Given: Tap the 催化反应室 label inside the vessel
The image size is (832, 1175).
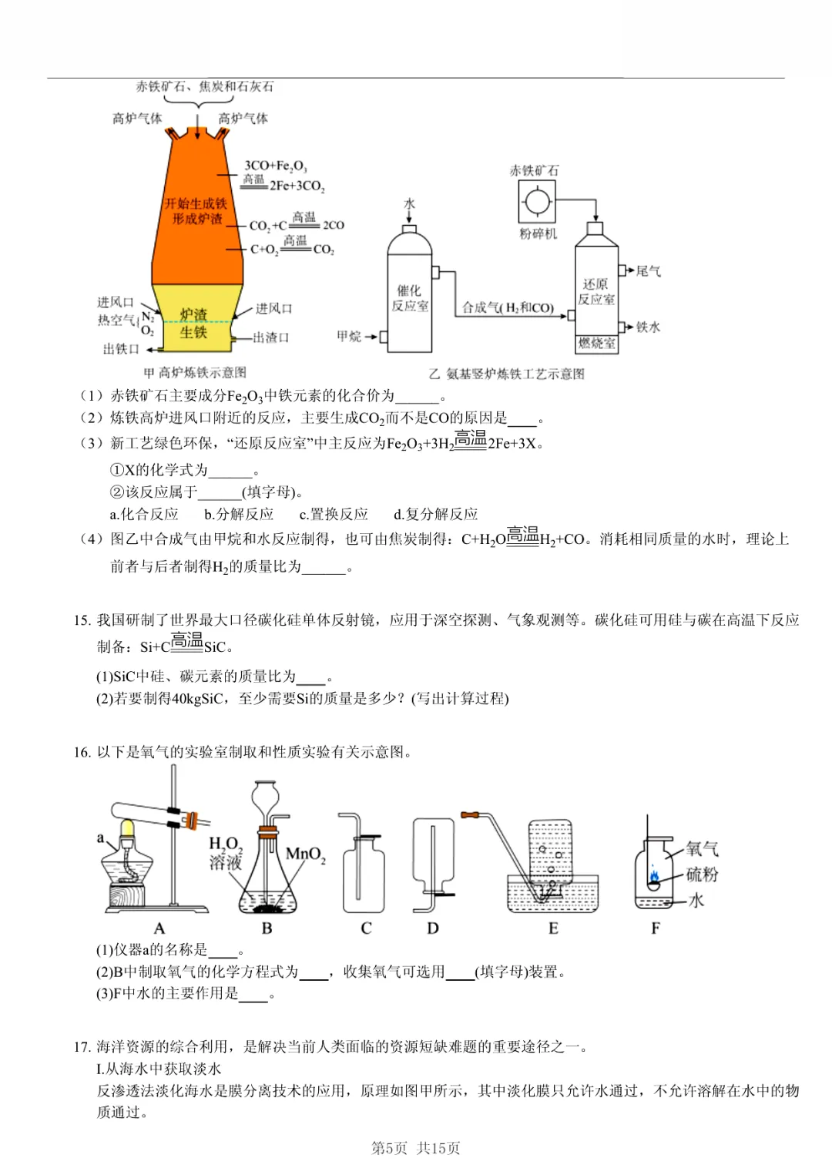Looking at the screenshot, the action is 409,298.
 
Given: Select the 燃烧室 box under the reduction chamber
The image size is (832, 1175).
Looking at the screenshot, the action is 597,344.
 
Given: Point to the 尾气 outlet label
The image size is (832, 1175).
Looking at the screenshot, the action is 648,271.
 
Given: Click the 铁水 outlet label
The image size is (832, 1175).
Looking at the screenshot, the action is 648,327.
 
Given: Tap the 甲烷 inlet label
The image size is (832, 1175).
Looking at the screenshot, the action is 349,337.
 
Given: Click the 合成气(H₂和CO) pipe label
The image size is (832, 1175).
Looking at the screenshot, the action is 508,307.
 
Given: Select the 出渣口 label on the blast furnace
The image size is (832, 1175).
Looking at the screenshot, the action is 270,337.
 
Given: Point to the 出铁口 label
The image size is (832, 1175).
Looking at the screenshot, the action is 121,349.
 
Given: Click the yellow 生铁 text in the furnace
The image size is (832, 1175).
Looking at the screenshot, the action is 193,332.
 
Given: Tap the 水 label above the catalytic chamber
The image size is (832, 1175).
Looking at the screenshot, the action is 409,204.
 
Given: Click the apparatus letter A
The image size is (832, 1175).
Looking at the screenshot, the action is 159,928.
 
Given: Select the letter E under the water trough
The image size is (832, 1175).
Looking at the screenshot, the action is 553,928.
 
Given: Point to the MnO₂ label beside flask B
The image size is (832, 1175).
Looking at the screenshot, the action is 305,854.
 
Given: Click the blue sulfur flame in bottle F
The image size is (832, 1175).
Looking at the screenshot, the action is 654,875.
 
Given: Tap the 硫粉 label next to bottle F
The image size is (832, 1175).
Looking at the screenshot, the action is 702,875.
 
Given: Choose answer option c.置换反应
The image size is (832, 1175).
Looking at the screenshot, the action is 334,514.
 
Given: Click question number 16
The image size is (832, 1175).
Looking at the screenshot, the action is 82,753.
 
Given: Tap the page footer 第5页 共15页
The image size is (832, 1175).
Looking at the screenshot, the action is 415,1148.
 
